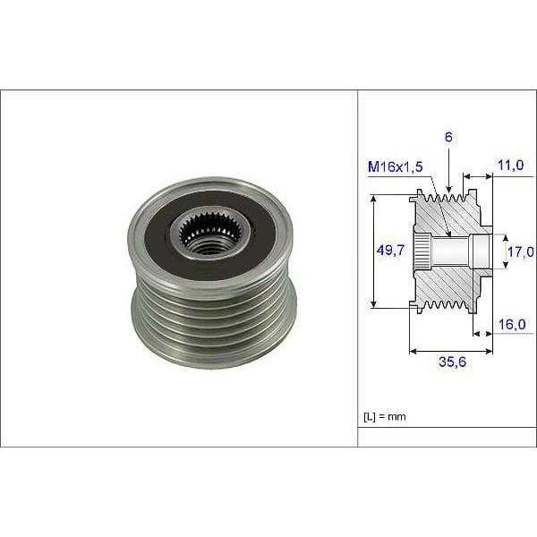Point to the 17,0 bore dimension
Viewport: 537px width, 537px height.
pos(521,251)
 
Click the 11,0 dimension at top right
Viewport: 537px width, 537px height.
pos(511,166)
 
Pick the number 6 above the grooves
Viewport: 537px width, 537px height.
pos(447,137)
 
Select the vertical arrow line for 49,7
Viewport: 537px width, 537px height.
pos(372,251)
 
